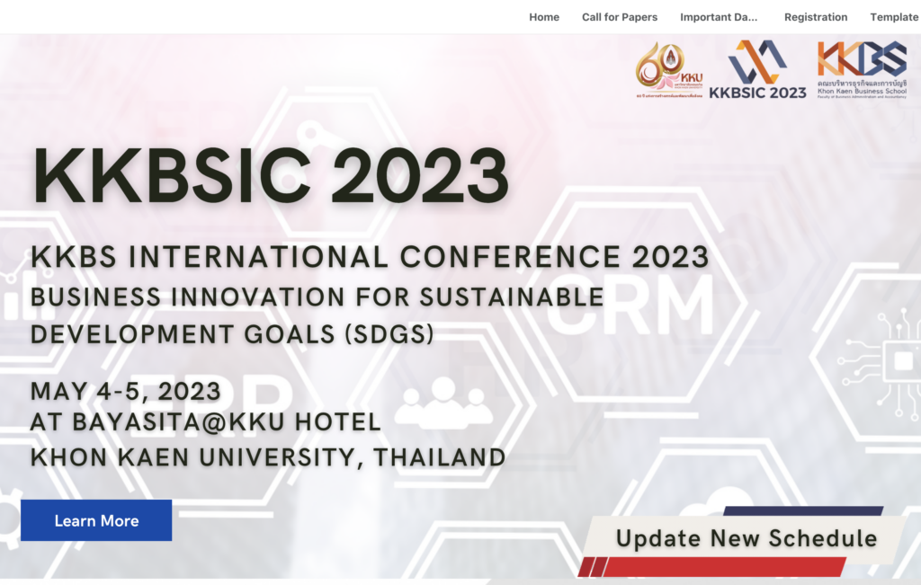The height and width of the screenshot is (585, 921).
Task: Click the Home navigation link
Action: click(x=544, y=17)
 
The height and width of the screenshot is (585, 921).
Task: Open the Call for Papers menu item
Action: click(x=620, y=17)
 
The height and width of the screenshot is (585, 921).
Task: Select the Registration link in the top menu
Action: click(x=816, y=17)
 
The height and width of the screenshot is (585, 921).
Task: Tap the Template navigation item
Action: click(x=894, y=17)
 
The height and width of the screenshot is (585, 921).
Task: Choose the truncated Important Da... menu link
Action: click(x=719, y=17)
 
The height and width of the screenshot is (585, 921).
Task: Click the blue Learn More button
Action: click(x=96, y=521)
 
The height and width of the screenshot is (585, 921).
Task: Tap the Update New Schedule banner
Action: click(x=746, y=538)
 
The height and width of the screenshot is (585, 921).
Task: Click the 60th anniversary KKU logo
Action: click(x=669, y=68)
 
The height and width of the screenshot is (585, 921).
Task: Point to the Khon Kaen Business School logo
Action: click(x=862, y=68)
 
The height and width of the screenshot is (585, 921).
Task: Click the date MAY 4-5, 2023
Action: click(x=126, y=392)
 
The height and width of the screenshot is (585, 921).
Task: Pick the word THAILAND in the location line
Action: click(x=440, y=456)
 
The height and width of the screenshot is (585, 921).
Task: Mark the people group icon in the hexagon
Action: click(x=443, y=402)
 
